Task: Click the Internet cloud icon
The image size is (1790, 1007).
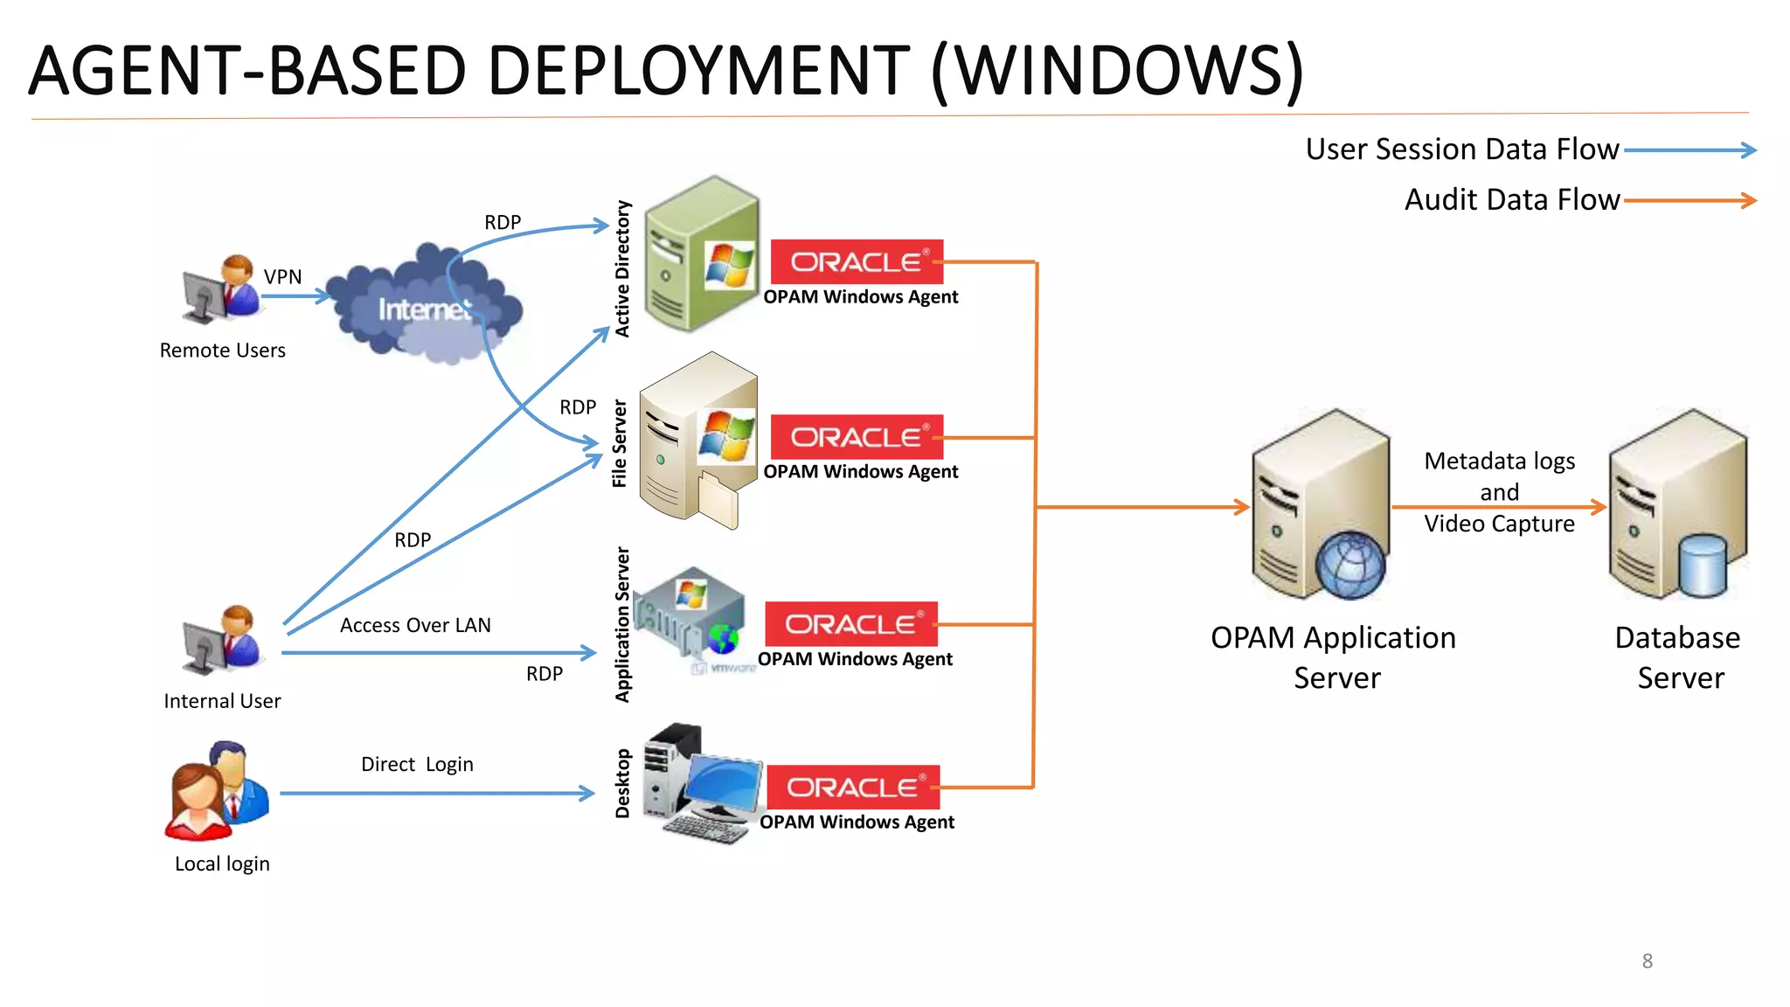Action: coord(427,306)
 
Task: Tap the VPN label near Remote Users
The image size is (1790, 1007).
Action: coord(282,277)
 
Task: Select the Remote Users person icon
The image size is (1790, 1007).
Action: coord(221,288)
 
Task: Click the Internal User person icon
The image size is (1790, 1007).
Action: coord(221,640)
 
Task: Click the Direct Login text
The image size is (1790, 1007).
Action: coord(417,765)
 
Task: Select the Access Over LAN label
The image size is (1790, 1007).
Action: coord(415,626)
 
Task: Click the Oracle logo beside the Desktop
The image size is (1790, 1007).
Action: coord(853,788)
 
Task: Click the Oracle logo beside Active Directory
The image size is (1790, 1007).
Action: coord(857,261)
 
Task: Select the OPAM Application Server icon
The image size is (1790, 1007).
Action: coord(1320,507)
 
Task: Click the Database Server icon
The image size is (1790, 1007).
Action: coord(1677,507)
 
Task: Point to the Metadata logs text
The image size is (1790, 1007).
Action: coord(1499,462)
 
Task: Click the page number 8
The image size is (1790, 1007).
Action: coord(1647,962)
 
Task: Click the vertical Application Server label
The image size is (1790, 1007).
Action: coord(622,625)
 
